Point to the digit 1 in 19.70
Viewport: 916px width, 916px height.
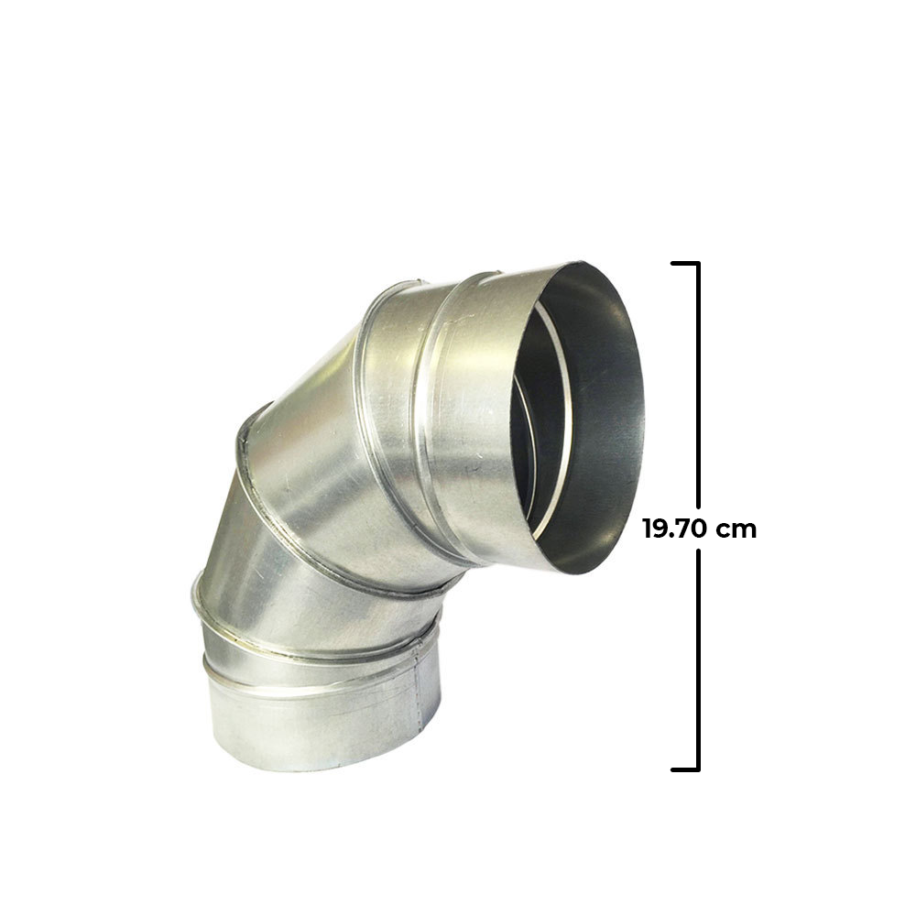click(x=647, y=529)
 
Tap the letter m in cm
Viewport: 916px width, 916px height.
click(x=747, y=530)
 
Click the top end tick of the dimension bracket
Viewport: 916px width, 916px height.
click(x=685, y=264)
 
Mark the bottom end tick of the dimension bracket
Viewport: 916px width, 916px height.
click(x=685, y=769)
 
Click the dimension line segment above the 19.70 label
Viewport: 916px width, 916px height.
click(x=698, y=385)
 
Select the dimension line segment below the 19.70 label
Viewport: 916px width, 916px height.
click(x=698, y=660)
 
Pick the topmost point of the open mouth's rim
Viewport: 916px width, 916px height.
click(x=586, y=263)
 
